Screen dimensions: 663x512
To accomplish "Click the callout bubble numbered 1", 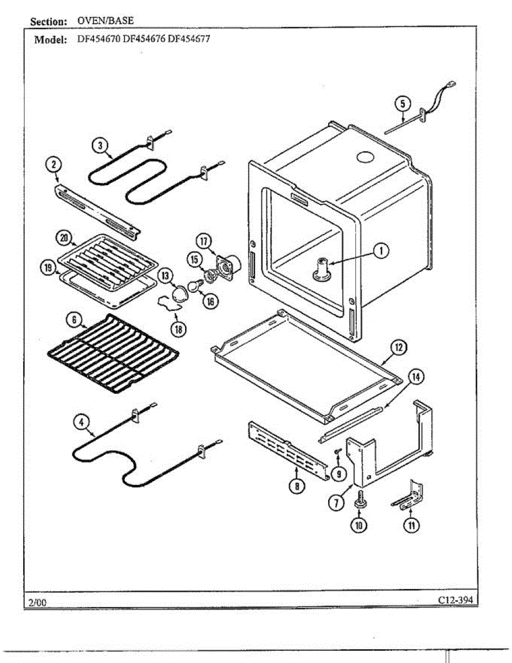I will pyautogui.click(x=380, y=251).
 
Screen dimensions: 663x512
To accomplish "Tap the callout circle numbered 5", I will pyautogui.click(x=403, y=104).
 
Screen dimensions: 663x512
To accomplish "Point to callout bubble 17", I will pyautogui.click(x=204, y=241).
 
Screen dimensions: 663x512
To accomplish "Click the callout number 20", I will pyautogui.click(x=64, y=239).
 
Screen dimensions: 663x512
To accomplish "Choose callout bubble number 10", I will pyautogui.click(x=359, y=525).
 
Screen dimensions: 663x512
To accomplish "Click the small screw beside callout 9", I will pyautogui.click(x=336, y=452).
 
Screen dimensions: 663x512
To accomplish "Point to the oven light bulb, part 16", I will pyautogui.click(x=194, y=286).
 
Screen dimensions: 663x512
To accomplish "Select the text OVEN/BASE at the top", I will pyautogui.click(x=105, y=21).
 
